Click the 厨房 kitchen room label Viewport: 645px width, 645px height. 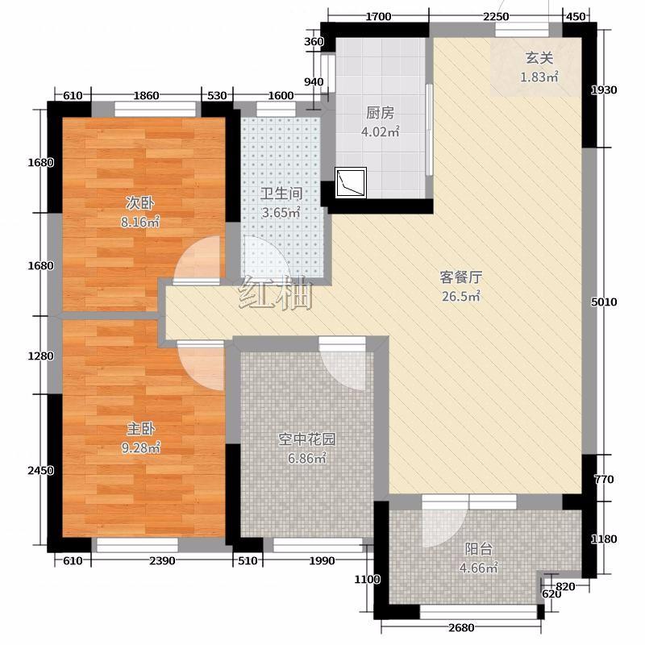[x=380, y=113]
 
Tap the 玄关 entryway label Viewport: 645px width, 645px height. [x=539, y=58]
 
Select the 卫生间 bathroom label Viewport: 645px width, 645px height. [x=281, y=193]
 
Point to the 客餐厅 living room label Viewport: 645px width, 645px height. [x=460, y=277]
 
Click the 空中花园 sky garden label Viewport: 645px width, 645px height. [x=307, y=439]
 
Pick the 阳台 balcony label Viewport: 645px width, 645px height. [x=478, y=549]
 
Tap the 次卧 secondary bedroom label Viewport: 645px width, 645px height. [x=139, y=203]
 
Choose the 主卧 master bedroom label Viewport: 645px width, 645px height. [x=140, y=429]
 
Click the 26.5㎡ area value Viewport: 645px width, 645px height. [x=460, y=296]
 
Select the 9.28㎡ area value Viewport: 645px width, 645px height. [x=140, y=447]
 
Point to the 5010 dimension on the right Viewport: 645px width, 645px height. [x=604, y=302]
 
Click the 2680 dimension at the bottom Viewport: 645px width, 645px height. [x=461, y=628]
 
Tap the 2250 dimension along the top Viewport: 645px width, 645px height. [x=496, y=17]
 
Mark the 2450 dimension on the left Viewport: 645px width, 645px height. [x=41, y=470]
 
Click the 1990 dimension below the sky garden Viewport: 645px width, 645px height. [x=322, y=560]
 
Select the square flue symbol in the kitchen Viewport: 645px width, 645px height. [x=351, y=183]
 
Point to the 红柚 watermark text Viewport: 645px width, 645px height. [x=276, y=292]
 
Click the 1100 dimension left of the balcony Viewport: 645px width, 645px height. [x=368, y=580]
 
